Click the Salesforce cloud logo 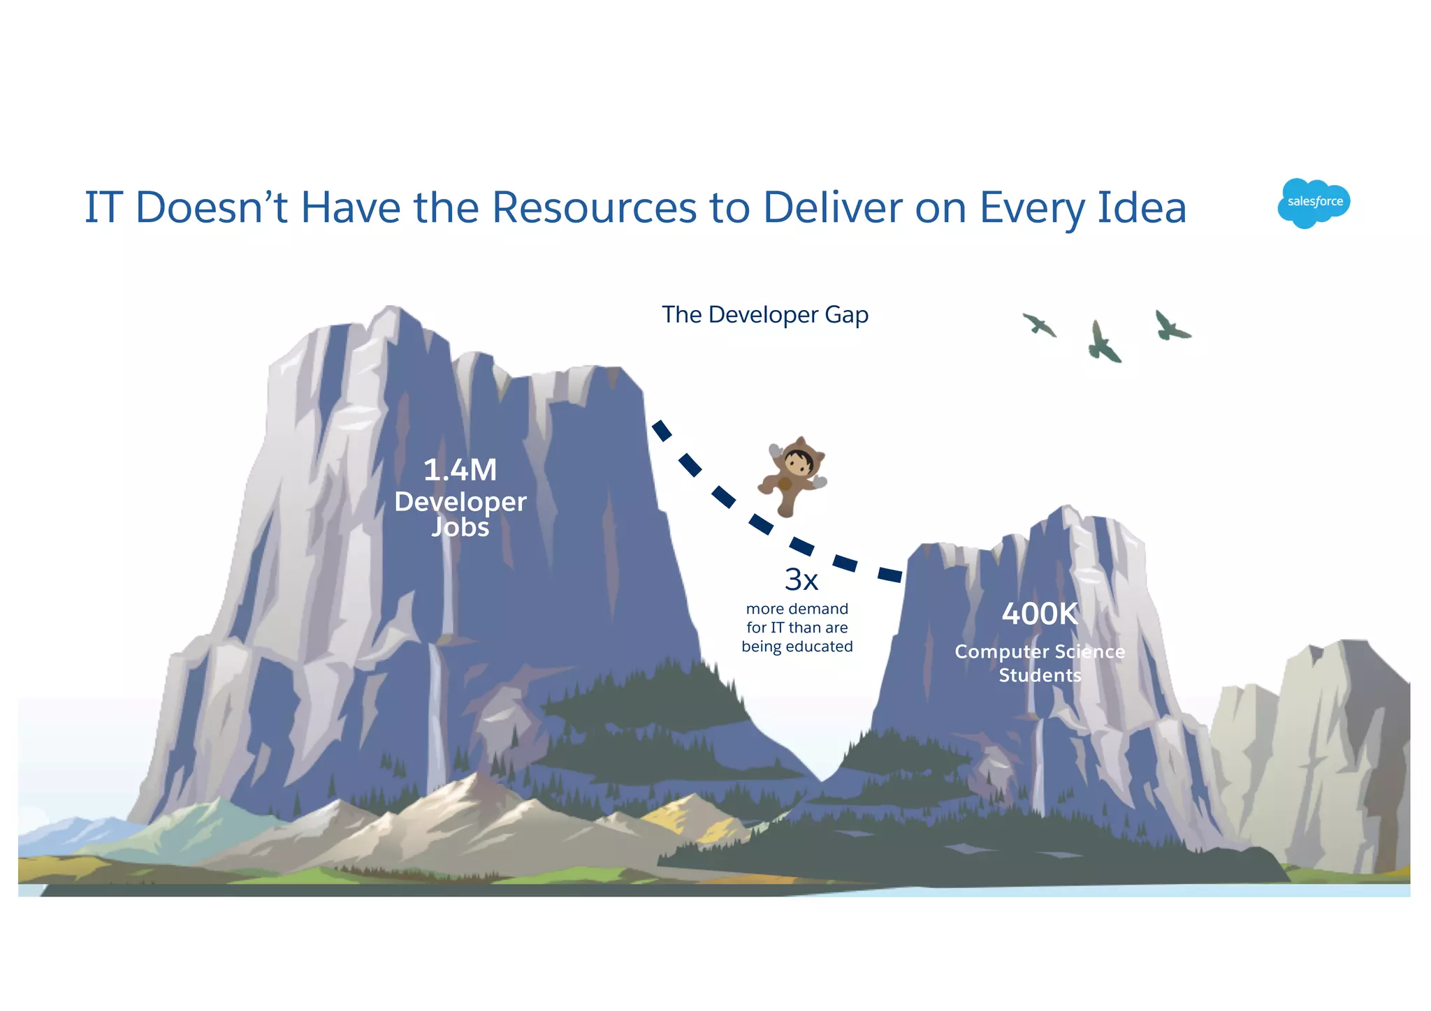tap(1314, 202)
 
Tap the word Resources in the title tap(594, 207)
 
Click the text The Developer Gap tap(765, 315)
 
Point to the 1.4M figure tap(460, 470)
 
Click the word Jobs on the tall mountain tap(460, 527)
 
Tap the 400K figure tap(1040, 614)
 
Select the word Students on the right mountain tap(1040, 675)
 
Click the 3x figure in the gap tap(801, 580)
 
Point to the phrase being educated tap(797, 647)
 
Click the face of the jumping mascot tap(797, 462)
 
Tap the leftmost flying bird tap(1040, 325)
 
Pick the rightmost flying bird tap(1170, 326)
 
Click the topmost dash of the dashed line tap(661, 430)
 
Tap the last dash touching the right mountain tap(889, 575)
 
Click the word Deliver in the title tap(832, 207)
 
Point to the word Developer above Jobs tap(460, 501)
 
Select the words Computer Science tap(1040, 651)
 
